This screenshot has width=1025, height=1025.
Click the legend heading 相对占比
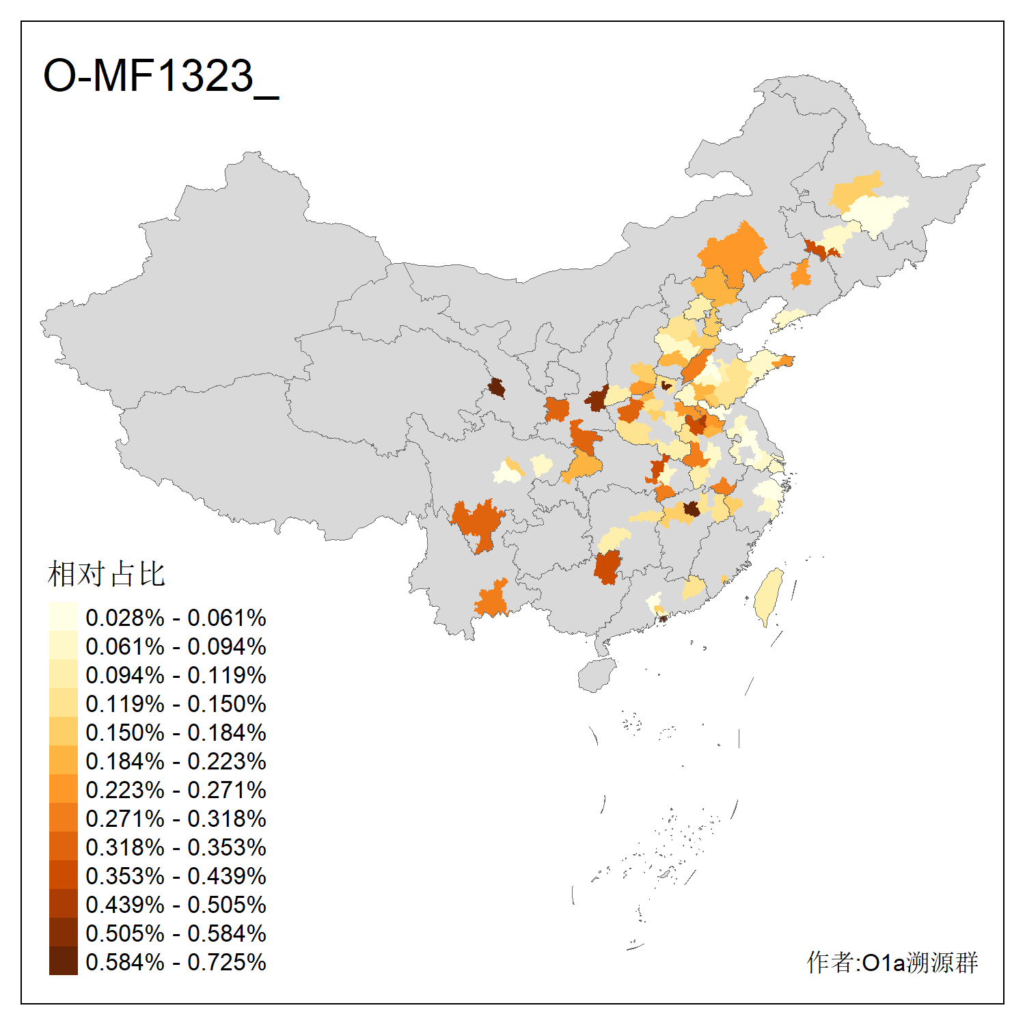pos(107,574)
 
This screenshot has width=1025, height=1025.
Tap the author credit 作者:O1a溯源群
pos(892,962)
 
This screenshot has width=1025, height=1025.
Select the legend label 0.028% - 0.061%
pos(176,618)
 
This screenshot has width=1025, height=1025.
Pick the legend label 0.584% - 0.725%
pos(176,962)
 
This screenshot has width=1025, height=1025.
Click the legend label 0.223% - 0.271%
pos(176,790)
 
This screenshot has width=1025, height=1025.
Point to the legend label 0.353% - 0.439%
pos(176,876)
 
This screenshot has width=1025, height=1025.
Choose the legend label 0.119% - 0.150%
pos(176,704)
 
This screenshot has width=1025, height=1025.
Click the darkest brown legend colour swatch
pos(63,961)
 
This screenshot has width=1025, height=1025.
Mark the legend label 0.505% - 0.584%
pos(176,933)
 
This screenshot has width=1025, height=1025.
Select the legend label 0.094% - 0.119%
pos(176,675)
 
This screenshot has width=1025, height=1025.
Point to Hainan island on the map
pos(596,675)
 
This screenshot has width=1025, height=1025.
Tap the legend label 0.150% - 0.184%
pos(176,733)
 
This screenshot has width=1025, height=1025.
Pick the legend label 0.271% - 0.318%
pos(176,819)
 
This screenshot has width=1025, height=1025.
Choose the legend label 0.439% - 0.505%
pos(176,905)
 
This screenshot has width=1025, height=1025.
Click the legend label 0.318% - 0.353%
pos(176,847)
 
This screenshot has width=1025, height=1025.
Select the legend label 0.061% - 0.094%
pos(176,646)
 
